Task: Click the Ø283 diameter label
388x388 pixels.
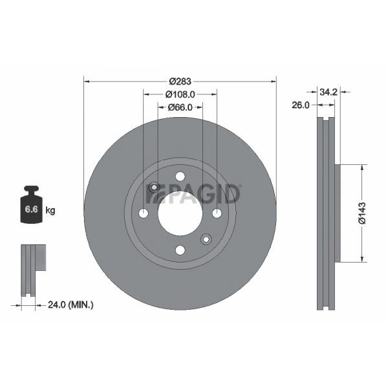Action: pos(180,81)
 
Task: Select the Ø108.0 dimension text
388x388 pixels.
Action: pos(180,94)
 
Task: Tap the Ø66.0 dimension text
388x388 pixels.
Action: pos(180,107)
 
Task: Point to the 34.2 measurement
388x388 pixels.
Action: pos(329,92)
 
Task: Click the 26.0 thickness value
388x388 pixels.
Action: pos(301,105)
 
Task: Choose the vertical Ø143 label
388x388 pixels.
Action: pos(362,213)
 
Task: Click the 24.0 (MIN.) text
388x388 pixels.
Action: pos(70,305)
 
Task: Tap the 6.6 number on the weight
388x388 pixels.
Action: pos(32,210)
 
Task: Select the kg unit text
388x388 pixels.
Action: pos(50,211)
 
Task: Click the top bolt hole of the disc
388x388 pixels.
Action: pos(180,177)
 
